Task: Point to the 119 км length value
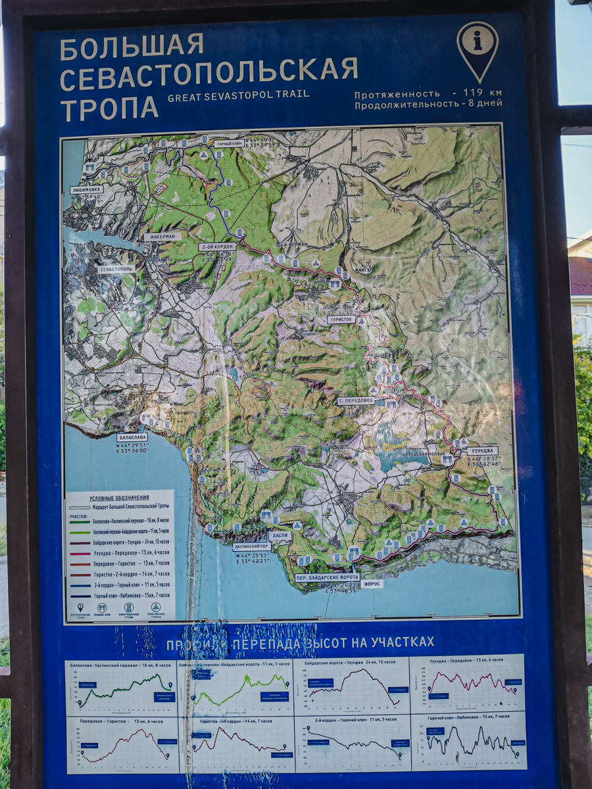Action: pos(482,93)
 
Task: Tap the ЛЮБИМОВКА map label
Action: pos(87,189)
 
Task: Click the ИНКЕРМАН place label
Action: pos(162,236)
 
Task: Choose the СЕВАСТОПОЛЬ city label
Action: pos(116,269)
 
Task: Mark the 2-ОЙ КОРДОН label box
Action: pos(217,247)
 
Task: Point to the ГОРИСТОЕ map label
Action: pos(342,320)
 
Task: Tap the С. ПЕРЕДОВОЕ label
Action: pos(356,400)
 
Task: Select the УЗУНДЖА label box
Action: pos(482,451)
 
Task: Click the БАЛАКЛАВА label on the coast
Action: pos(132,437)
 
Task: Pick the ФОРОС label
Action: pos(372,583)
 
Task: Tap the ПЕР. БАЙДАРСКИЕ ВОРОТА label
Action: pos(327,577)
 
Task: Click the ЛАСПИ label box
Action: pos(279,536)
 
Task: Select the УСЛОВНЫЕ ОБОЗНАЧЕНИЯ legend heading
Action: pos(120,497)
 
